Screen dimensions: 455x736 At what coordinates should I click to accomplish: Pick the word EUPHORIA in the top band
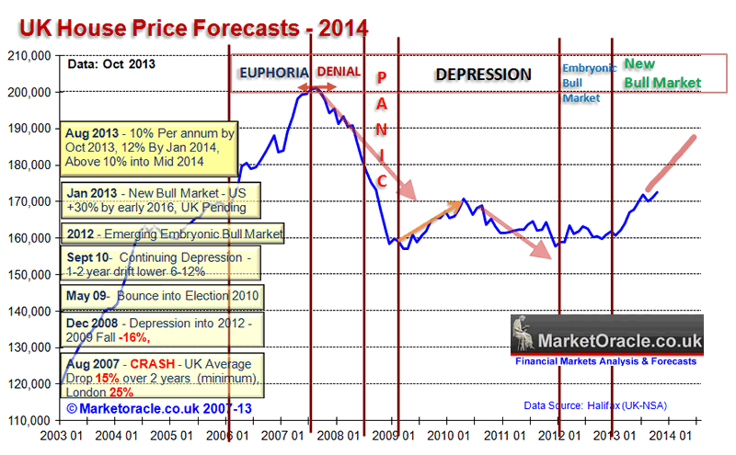pyautogui.click(x=273, y=73)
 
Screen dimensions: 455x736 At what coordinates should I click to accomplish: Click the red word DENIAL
pyautogui.click(x=338, y=72)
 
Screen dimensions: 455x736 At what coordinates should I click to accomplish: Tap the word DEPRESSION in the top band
pyautogui.click(x=483, y=74)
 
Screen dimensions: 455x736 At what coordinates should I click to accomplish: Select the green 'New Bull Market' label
pyautogui.click(x=661, y=74)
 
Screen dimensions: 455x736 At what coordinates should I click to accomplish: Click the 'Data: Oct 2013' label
pyautogui.click(x=109, y=64)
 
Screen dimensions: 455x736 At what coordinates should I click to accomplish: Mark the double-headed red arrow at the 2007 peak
pyautogui.click(x=315, y=88)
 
